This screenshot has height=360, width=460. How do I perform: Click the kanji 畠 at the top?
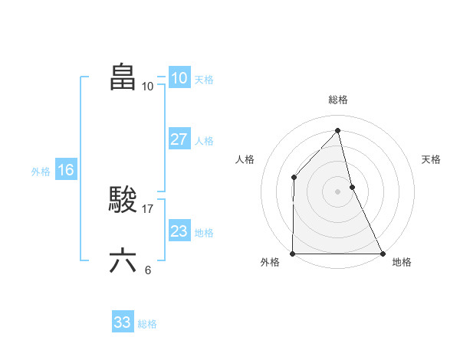[123, 77]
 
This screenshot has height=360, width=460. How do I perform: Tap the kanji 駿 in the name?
[123, 201]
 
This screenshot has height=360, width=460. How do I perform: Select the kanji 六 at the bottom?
[123, 261]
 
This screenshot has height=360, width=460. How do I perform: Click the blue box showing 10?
[179, 78]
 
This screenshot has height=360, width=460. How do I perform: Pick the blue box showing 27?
[179, 140]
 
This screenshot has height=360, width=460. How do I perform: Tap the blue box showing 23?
[179, 231]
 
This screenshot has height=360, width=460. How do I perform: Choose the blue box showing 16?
[65, 170]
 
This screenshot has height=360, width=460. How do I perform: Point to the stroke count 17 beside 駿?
[149, 208]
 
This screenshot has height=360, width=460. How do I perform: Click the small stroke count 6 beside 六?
[148, 270]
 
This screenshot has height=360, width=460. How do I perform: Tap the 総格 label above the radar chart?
[338, 100]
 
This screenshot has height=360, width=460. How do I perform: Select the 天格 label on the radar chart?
[432, 159]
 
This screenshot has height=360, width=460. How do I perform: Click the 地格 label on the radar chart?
[402, 263]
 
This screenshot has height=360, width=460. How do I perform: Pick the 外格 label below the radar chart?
[270, 263]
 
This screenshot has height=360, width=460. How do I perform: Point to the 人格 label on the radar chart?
[245, 159]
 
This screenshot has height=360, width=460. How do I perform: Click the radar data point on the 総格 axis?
[338, 130]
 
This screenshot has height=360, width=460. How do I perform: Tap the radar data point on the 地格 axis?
[383, 254]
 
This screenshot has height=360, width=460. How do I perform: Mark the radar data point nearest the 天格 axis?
[352, 187]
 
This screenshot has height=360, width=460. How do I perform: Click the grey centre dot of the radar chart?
[338, 191]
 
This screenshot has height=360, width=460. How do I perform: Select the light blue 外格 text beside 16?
[41, 172]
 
